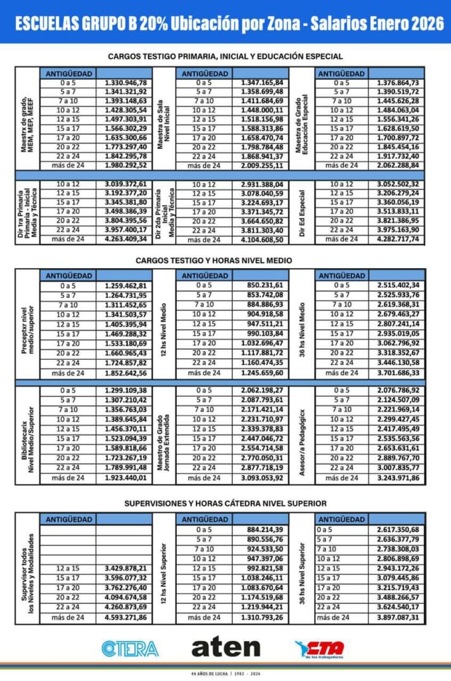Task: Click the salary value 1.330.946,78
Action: coord(126,82)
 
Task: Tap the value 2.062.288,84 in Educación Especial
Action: coord(394,165)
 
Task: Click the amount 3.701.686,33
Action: coord(394,374)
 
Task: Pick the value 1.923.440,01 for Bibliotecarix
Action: coord(126,477)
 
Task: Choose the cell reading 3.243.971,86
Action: coord(394,477)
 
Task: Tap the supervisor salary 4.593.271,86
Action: coord(126,618)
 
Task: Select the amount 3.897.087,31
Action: coord(394,618)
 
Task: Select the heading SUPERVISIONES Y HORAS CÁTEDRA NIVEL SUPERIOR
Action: coord(225,503)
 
